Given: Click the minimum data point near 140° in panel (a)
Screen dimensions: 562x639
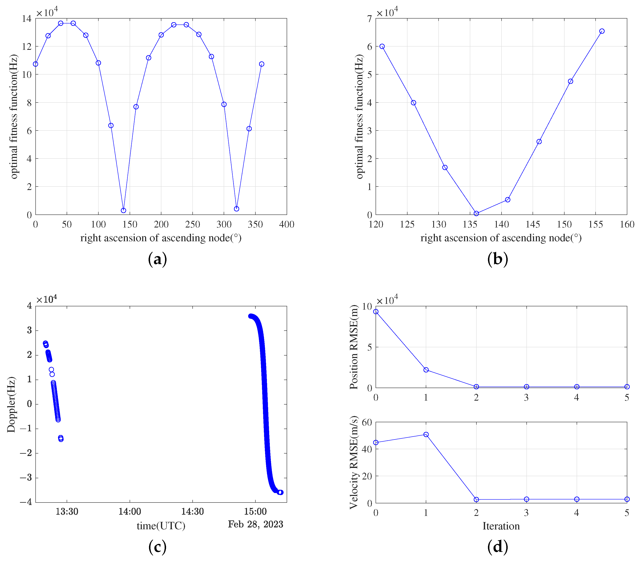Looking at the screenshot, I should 123,210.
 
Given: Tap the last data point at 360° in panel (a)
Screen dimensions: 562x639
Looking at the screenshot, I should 262,64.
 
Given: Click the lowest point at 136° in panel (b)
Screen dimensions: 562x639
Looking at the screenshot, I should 476,214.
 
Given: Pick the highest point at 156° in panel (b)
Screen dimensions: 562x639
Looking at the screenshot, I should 602,31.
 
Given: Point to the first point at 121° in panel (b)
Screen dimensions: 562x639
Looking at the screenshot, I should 382,46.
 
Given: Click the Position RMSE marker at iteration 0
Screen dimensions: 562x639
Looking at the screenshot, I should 376,312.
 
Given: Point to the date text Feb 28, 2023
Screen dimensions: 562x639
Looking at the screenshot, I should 255,524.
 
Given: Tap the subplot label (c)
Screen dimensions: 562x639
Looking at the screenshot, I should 157,547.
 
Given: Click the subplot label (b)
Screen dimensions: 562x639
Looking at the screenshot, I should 497,259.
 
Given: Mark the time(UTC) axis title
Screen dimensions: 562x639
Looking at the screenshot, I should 161,526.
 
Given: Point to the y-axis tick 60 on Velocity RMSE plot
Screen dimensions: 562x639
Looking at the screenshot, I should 367,422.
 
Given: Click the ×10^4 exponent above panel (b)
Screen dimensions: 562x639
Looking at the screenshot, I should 387,13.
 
